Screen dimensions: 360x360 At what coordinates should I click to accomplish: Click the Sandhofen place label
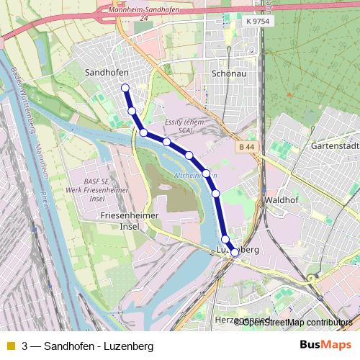[x=107, y=73]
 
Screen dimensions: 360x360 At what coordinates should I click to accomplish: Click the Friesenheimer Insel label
[x=120, y=220]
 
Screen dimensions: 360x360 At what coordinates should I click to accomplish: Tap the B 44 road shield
[x=246, y=147]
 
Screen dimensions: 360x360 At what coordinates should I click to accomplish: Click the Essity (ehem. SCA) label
[x=186, y=127]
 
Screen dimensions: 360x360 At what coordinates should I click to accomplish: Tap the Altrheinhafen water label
[x=196, y=176]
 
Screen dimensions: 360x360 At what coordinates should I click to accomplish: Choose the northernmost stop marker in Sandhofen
[x=125, y=88]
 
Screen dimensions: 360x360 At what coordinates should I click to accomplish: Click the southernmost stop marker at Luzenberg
[x=234, y=252]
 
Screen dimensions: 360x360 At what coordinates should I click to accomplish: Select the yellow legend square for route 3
[x=10, y=346]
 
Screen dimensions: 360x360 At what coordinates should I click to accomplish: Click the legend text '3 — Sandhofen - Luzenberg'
[x=88, y=346]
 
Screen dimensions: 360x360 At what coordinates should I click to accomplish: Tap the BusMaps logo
[x=325, y=346]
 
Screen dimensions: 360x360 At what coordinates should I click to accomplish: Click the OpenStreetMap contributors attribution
[x=295, y=323]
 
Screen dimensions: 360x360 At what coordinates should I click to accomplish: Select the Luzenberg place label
[x=238, y=248]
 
